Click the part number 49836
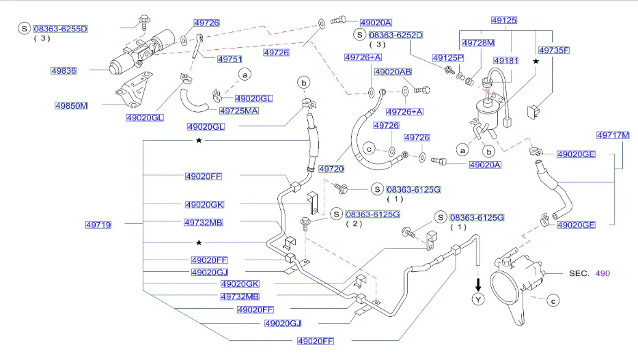click(64, 71)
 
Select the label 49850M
click(72, 106)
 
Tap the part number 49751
click(230, 59)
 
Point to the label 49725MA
click(239, 111)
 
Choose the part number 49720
click(331, 169)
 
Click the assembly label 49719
click(98, 225)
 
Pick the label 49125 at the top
click(504, 20)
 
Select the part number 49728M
click(478, 43)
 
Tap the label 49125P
click(448, 58)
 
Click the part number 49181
click(506, 61)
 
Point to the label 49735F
click(554, 50)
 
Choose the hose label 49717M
click(613, 135)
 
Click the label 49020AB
click(393, 72)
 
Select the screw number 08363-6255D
click(61, 29)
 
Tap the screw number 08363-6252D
click(396, 35)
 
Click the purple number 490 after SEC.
click(602, 273)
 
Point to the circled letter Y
click(478, 300)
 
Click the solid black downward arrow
click(478, 284)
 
